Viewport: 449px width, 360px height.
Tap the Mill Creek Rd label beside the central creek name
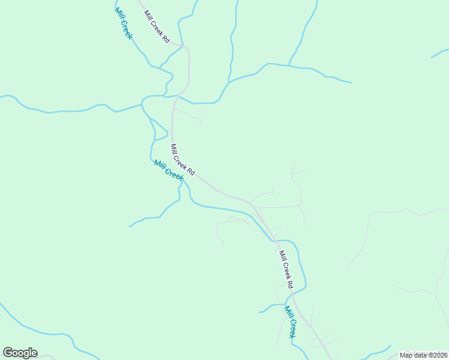[182, 160]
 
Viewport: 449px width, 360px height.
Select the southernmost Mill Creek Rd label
[285, 269]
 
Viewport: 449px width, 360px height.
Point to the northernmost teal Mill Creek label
[123, 24]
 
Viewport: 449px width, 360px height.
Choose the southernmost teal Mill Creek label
[290, 322]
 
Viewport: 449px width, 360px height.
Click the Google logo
[20, 353]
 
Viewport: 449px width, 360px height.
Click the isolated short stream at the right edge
[439, 54]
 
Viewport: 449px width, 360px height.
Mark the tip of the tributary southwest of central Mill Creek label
[130, 226]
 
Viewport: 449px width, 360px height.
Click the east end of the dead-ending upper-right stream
[351, 82]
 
